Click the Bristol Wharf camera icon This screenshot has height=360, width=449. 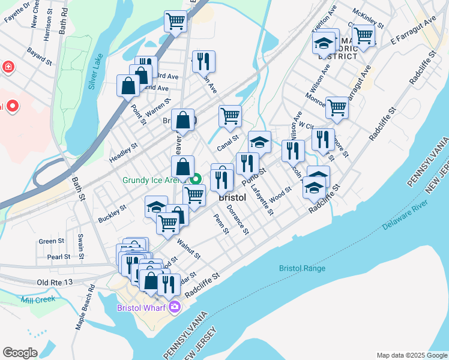pos(175,307)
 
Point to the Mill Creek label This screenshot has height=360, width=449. pos(38,299)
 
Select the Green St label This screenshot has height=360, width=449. pos(51,241)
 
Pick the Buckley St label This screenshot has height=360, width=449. pos(112,213)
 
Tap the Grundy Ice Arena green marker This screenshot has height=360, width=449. pos(196,179)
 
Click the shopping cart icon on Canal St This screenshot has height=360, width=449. pos(230,116)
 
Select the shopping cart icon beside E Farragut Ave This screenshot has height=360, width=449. pos(364,35)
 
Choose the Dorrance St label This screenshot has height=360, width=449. pos(238,220)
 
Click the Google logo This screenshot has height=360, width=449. pos(20,353)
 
